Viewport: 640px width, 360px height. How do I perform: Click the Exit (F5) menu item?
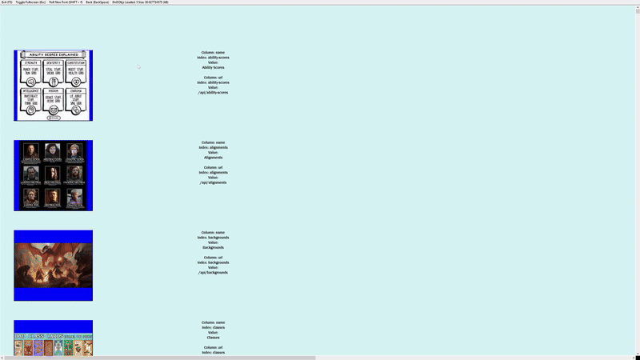tap(6, 2)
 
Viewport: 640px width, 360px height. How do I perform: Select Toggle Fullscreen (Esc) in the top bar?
tap(30, 2)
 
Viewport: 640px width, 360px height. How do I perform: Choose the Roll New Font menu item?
tap(66, 2)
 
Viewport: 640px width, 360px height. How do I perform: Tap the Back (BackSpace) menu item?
tap(97, 2)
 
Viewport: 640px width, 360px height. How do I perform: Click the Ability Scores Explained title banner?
tap(53, 55)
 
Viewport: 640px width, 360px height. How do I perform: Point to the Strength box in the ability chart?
tap(31, 71)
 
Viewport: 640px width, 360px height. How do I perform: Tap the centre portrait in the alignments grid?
tap(53, 174)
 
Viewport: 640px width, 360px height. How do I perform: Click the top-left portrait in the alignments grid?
tap(30, 151)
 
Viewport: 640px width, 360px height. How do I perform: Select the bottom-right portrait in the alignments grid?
tap(75, 197)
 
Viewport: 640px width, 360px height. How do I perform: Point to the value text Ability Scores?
tap(213, 67)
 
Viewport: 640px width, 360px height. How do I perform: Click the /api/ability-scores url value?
tap(213, 92)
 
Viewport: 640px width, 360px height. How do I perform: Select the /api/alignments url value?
tap(213, 182)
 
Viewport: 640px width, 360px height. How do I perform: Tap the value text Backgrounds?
tap(213, 247)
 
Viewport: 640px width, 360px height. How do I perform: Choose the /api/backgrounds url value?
tap(213, 272)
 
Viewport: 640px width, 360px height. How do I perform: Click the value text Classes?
tap(213, 337)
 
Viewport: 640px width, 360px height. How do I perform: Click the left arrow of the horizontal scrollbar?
tap(2, 358)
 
